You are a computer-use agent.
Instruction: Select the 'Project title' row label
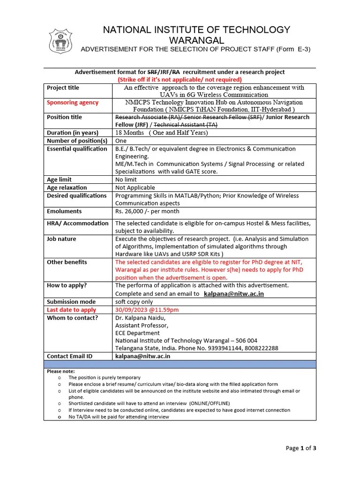pos(63,88)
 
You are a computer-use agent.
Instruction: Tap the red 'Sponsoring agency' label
pos(73,102)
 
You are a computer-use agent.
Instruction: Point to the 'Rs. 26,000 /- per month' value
pos(147,211)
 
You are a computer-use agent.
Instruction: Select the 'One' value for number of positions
pos(121,141)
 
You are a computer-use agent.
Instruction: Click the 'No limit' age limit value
pos(126,180)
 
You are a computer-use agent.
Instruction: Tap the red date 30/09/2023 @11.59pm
pos(147,310)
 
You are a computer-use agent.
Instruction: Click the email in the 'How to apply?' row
pos(234,293)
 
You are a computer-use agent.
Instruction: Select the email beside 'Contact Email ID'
pos(142,356)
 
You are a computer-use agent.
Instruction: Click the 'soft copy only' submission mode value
pos(134,302)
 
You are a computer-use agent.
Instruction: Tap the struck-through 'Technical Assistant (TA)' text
pos(185,125)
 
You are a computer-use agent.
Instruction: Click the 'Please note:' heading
pos(61,371)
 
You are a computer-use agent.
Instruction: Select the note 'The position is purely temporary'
pos(104,377)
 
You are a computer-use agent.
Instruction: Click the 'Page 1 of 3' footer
pos(301,448)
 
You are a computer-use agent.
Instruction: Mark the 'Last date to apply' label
pos(71,310)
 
